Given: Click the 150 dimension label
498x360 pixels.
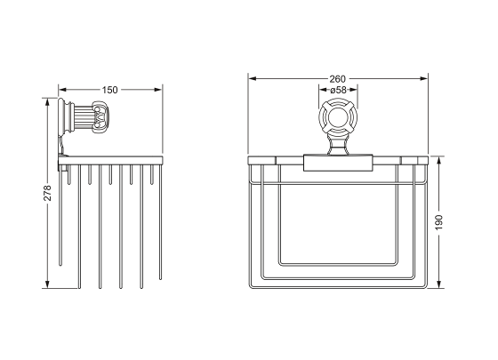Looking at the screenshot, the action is click(109, 90).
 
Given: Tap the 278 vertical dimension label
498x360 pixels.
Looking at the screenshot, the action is click(47, 193).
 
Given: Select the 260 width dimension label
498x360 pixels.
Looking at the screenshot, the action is click(337, 79).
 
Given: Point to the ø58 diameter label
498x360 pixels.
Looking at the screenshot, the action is click(338, 90).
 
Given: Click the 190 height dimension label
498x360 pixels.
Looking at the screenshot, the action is click(438, 222).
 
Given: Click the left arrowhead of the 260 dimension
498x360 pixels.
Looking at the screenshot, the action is click(253, 79).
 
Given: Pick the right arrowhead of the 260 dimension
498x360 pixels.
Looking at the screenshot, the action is click(424, 79).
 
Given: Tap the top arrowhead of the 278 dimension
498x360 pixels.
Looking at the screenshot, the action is click(47, 102).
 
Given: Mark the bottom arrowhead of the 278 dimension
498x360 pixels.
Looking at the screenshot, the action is click(47, 284).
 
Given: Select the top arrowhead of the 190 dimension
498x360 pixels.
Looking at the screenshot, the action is click(438, 160).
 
